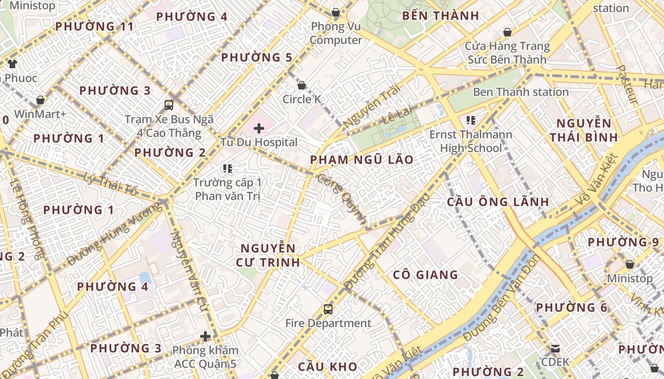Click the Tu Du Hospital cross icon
click(x=259, y=128)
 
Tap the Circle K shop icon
click(x=302, y=85)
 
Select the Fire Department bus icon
click(x=328, y=309)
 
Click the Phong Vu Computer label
click(x=336, y=33)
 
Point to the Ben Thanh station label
click(x=520, y=92)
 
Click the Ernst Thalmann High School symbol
click(x=470, y=120)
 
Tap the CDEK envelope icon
click(x=555, y=349)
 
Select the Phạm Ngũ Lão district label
click(x=362, y=160)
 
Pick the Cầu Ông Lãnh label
click(x=498, y=202)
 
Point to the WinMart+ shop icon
click(x=40, y=100)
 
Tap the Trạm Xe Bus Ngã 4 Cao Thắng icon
click(x=169, y=105)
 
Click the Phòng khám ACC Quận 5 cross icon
click(x=205, y=336)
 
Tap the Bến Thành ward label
click(x=440, y=16)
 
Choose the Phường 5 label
click(x=257, y=58)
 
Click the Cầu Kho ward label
click(x=327, y=366)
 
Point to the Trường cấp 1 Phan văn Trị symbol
click(x=228, y=168)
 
